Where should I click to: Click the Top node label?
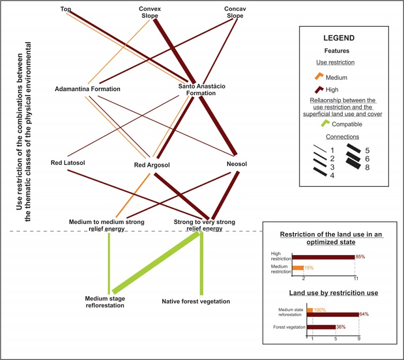[x=66, y=9]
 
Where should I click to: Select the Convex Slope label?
[x=151, y=12]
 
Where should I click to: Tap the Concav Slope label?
[x=235, y=12]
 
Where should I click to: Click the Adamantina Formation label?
[x=88, y=89]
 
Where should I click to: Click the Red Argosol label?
[x=152, y=166]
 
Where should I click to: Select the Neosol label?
[x=237, y=163]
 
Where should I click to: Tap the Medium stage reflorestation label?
[x=105, y=302]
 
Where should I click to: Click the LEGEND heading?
[x=338, y=39]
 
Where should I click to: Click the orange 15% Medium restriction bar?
[x=298, y=268]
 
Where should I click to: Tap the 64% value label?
[x=364, y=314]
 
